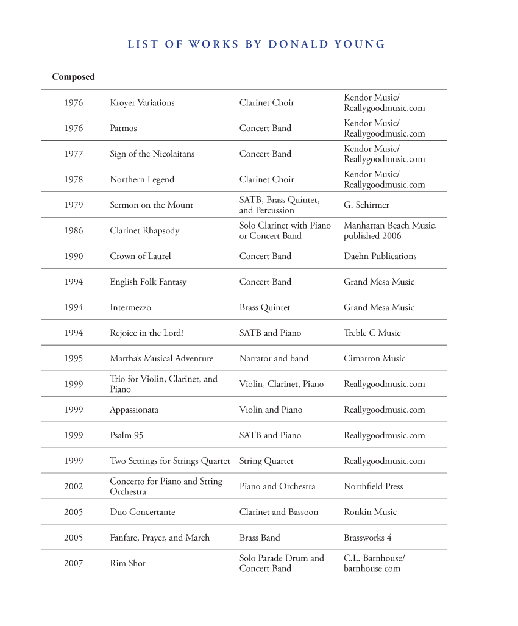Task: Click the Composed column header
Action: point(73,77)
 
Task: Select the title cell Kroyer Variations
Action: point(142,103)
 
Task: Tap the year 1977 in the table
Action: point(73,154)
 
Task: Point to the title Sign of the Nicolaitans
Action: point(152,154)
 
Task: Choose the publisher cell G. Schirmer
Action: point(366,205)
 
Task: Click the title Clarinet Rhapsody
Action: point(144,231)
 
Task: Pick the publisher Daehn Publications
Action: point(380,257)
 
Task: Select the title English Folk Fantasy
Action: point(148,282)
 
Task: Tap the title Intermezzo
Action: point(130,308)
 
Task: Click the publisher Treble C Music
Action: point(372,333)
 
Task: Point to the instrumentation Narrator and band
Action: point(274,359)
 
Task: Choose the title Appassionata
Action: point(133,410)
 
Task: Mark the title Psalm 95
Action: point(127,436)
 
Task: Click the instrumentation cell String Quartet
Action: point(266,461)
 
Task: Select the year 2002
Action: point(73,487)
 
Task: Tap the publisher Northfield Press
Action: point(373,487)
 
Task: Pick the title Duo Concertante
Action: point(142,513)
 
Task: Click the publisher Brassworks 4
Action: point(367,538)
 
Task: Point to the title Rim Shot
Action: point(127,564)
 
